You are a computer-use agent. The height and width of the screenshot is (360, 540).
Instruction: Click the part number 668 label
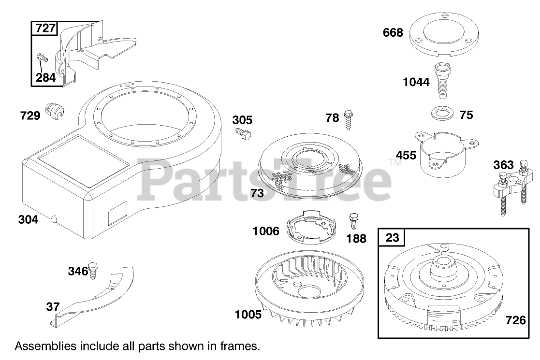pos(393,33)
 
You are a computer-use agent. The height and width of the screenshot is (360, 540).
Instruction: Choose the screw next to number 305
pos(242,134)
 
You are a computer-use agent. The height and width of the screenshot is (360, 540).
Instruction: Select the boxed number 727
pos(45,28)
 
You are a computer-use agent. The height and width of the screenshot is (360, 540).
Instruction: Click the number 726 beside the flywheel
pos(516,319)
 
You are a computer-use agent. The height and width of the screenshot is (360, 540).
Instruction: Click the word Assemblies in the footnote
pos(45,346)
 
